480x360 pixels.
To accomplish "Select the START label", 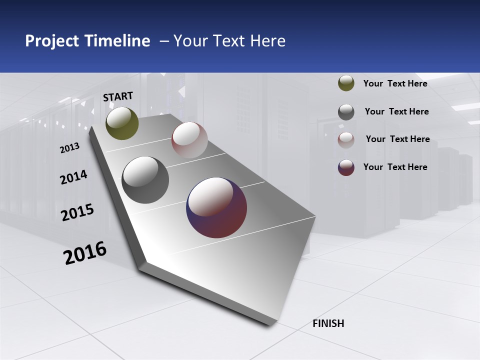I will (x=118, y=96).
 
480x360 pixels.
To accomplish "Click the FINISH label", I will (x=328, y=323).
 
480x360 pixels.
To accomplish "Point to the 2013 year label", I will (x=70, y=148).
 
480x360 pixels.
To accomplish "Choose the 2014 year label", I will (x=74, y=177).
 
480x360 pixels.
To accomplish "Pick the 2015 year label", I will (x=77, y=212).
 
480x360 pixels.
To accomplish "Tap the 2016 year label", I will (x=85, y=253).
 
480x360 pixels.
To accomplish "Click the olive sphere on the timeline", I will (x=122, y=123).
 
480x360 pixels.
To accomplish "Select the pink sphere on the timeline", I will (x=189, y=140).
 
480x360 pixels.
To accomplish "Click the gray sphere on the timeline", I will (x=145, y=180).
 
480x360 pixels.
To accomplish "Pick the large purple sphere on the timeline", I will (x=216, y=207).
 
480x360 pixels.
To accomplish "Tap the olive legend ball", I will (x=346, y=83).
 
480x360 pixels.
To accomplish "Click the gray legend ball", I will (x=346, y=112).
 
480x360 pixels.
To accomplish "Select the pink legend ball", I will (x=346, y=140).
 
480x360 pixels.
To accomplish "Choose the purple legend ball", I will (x=346, y=167).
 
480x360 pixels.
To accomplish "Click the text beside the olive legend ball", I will (x=395, y=83).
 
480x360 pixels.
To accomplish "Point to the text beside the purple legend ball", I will (x=395, y=167).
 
